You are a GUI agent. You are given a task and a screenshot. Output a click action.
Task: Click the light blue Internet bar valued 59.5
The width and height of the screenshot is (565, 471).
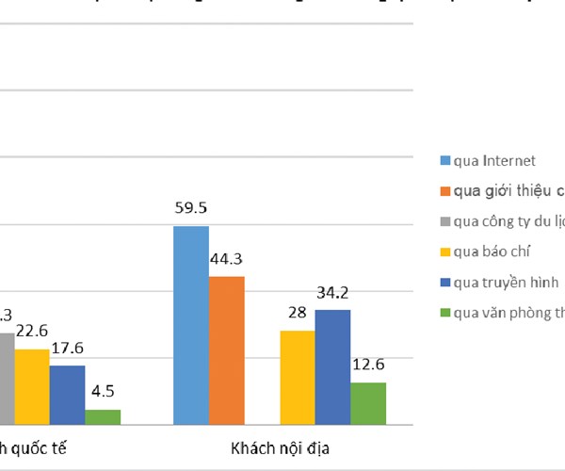click(191, 325)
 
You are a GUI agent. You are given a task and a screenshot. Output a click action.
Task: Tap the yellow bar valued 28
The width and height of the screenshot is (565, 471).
click(298, 377)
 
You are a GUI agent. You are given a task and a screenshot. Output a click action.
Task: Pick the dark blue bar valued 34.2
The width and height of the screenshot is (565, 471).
click(332, 366)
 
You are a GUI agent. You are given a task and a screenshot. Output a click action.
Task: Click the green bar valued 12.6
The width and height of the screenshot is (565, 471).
click(368, 402)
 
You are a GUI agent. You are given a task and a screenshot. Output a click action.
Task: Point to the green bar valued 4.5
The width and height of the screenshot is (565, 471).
click(103, 416)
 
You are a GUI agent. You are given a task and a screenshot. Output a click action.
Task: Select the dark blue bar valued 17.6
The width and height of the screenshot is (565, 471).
click(67, 394)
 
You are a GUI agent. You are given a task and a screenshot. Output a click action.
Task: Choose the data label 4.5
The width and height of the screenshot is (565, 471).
click(103, 392)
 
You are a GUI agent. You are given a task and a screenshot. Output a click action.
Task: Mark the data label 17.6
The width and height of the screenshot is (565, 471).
click(67, 348)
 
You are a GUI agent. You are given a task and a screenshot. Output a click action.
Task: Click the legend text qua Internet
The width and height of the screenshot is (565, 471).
click(494, 161)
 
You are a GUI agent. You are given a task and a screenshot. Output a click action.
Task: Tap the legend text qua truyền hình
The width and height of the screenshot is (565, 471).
click(506, 282)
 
